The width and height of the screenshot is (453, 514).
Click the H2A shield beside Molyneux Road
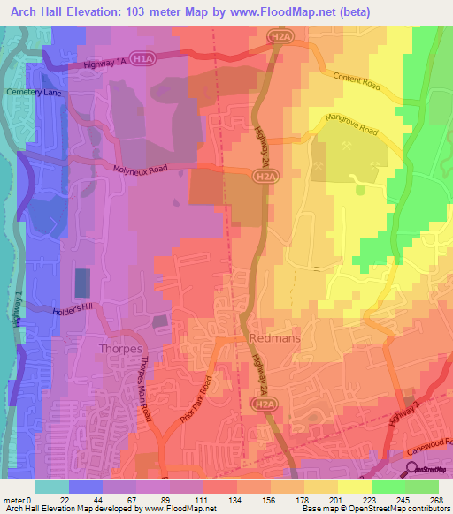[x=257, y=177]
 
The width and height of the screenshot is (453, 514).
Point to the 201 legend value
[x=334, y=500]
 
